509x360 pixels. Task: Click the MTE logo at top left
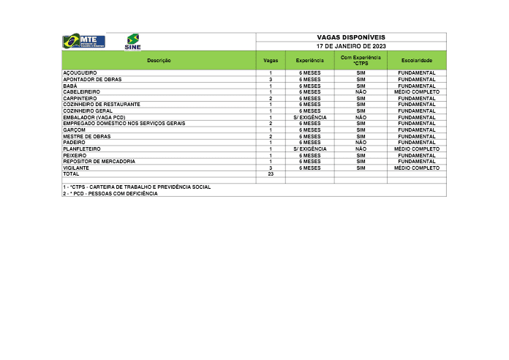(84, 41)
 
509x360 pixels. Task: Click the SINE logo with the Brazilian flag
(133, 42)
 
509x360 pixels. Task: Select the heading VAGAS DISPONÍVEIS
(351, 37)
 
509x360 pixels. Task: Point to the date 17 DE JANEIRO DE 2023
(351, 46)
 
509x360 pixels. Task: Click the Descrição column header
(159, 60)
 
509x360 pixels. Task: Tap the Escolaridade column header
(416, 60)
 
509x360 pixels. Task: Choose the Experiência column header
(309, 60)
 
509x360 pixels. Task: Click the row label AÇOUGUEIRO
(80, 73)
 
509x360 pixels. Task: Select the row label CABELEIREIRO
(82, 92)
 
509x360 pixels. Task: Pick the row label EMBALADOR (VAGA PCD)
(89, 117)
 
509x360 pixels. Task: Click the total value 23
(271, 174)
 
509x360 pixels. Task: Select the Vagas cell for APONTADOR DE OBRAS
(271, 79)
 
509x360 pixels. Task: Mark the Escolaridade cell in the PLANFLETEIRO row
(416, 149)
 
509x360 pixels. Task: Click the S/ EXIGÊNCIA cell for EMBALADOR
(309, 117)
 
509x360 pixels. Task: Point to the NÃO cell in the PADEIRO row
(361, 142)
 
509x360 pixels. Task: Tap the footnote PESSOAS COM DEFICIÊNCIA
(110, 193)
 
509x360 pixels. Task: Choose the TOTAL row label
(71, 174)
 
